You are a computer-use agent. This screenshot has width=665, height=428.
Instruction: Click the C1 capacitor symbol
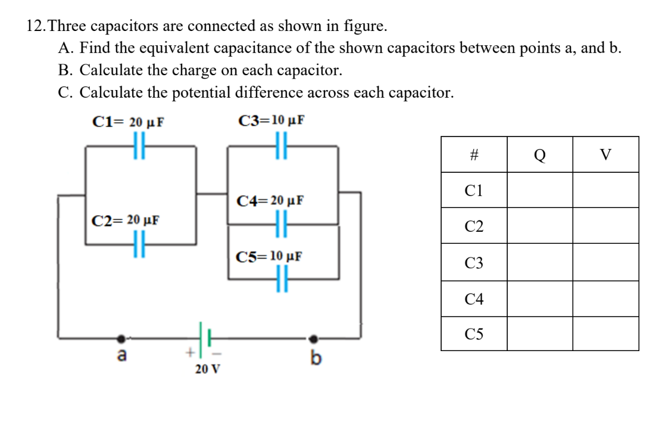tap(139, 145)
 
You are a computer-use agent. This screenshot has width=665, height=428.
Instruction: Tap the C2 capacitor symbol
tap(139, 244)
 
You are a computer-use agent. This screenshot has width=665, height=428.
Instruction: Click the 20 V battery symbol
tap(202, 339)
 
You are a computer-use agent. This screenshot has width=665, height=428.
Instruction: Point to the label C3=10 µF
tap(271, 120)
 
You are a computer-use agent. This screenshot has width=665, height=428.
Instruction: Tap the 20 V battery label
tap(207, 369)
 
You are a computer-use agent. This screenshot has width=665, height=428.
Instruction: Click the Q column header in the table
tap(539, 155)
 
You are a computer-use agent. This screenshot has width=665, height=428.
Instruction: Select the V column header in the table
tap(605, 155)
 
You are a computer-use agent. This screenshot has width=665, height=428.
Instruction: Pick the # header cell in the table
tap(474, 155)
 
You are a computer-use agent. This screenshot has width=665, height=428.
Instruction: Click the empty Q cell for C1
tap(539, 191)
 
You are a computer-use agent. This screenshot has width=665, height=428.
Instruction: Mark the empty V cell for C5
tap(605, 334)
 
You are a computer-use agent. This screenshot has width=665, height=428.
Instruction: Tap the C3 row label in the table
tap(474, 262)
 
